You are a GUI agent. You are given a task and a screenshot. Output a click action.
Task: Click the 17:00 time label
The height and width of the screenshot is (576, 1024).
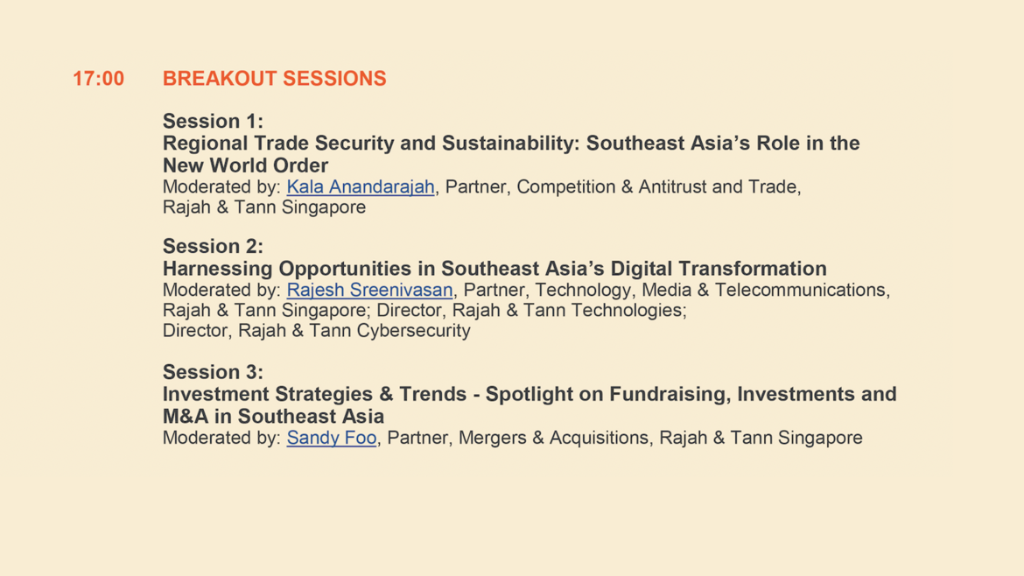click(x=98, y=79)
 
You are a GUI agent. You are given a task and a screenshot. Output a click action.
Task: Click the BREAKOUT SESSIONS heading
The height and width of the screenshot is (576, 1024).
click(x=274, y=79)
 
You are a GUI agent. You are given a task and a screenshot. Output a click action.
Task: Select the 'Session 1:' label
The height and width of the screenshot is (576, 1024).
click(x=213, y=121)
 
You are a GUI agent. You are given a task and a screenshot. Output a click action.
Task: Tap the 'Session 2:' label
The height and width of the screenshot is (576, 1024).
click(x=213, y=246)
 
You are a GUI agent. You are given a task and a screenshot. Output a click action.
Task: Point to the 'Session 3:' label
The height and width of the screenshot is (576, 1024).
click(x=213, y=372)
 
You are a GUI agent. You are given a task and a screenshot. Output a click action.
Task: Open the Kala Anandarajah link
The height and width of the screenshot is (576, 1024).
click(x=361, y=186)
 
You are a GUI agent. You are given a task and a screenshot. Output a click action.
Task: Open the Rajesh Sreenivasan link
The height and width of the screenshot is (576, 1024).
click(x=369, y=290)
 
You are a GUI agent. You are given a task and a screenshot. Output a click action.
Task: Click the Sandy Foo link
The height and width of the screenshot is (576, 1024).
click(x=332, y=438)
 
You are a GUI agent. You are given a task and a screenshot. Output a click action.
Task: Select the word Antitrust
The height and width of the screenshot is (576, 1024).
click(x=673, y=186)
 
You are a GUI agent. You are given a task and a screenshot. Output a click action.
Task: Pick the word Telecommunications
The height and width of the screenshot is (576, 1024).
click(x=802, y=290)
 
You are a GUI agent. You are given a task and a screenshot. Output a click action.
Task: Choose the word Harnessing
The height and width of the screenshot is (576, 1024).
click(x=217, y=269)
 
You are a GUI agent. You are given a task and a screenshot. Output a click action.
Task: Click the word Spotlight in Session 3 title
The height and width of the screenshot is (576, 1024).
click(x=544, y=395)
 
